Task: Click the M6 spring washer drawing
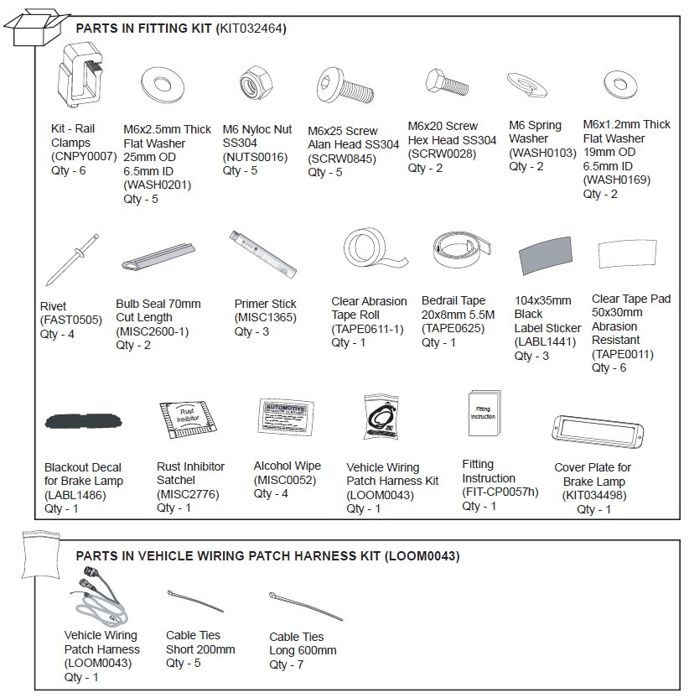(527, 86)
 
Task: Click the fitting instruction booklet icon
(484, 413)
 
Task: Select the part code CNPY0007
(84, 156)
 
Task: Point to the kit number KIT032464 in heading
(251, 29)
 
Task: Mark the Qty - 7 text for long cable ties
(287, 664)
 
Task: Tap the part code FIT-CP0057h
(500, 492)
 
